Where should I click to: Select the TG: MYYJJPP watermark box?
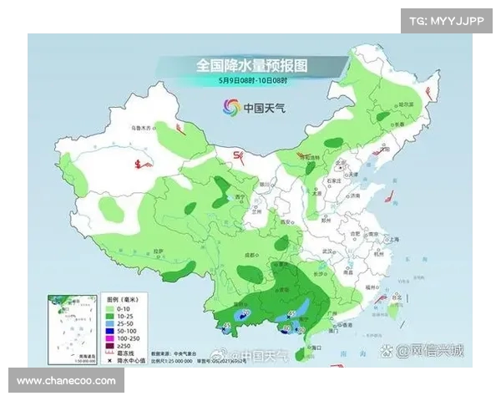[x=447, y=21]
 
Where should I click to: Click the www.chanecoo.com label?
[x=66, y=381]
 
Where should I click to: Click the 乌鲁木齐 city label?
[x=144, y=127]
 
